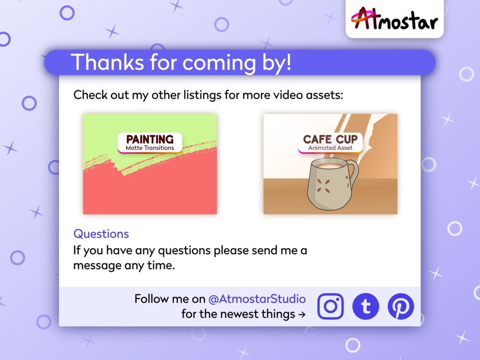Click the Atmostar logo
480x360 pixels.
coord(394,19)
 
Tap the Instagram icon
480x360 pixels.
coord(330,307)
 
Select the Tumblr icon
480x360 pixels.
coord(366,307)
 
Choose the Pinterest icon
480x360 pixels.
coord(401,307)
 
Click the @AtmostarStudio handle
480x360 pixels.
coord(257,299)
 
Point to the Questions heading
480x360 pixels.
coord(101,234)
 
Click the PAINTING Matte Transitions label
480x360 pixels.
coord(150,142)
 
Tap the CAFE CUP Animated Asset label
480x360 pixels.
coord(330,142)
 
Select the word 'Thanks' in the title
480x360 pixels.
coord(107,62)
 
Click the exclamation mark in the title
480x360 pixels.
coord(287,62)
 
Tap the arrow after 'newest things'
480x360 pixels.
coord(302,315)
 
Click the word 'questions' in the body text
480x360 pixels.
coord(184,250)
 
